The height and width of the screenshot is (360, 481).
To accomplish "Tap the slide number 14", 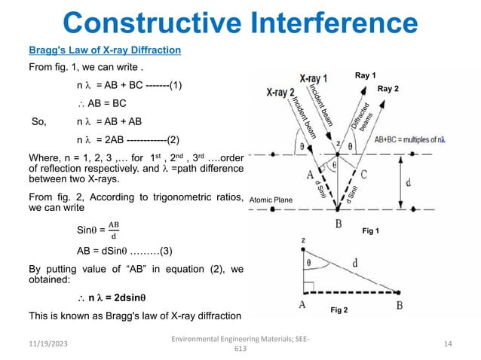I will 448,343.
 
